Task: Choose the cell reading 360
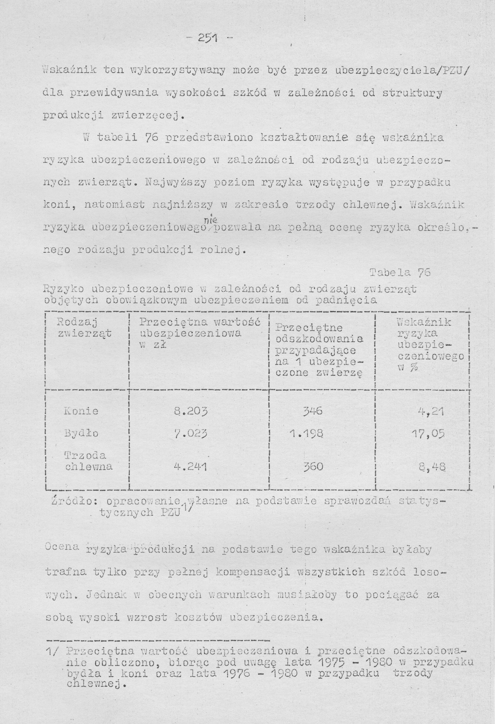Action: point(313,466)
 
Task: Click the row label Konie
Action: point(81,411)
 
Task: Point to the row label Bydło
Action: point(81,433)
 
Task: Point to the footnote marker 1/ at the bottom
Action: point(52,686)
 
